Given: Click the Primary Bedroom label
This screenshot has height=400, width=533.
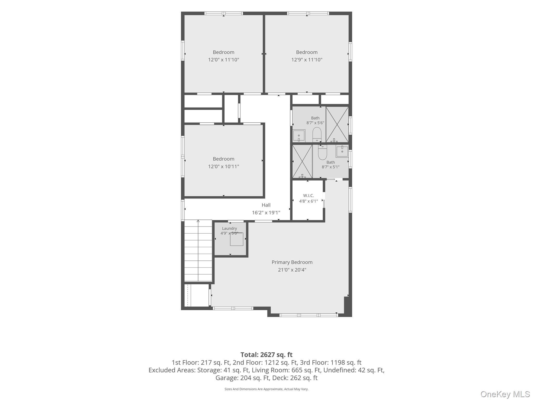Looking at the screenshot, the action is [292, 262].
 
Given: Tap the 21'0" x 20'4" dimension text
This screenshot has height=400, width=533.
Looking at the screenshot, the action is [292, 270].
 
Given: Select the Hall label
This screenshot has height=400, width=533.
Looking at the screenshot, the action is [266, 205].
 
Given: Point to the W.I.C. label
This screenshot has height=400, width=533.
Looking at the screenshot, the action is [308, 196].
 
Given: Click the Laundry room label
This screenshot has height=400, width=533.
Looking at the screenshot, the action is [229, 228].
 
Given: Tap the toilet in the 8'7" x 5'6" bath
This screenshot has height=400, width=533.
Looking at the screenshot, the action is [317, 134].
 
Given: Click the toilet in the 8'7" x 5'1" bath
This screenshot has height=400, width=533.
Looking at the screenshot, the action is [322, 152].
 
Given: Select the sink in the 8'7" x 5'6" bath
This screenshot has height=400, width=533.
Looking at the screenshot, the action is [299, 136].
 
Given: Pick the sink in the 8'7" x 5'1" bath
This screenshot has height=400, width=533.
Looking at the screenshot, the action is [342, 151].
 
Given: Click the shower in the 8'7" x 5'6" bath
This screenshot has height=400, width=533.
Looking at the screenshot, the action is [337, 124].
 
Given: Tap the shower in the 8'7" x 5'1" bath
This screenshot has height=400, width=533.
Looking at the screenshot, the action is [302, 161].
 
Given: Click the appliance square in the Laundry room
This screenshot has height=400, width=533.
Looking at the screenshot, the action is [237, 239].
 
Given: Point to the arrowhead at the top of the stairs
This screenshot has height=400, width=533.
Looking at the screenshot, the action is [198, 221].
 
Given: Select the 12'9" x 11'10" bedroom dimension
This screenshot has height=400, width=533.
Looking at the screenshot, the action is [307, 60].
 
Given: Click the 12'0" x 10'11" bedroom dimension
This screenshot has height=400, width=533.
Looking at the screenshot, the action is [224, 166].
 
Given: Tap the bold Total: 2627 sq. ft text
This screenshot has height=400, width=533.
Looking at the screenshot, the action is [266, 355].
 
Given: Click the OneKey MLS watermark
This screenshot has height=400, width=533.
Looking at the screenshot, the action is [505, 394].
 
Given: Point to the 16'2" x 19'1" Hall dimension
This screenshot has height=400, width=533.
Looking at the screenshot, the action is [266, 213].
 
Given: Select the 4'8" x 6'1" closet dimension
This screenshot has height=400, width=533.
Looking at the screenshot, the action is [308, 201].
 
